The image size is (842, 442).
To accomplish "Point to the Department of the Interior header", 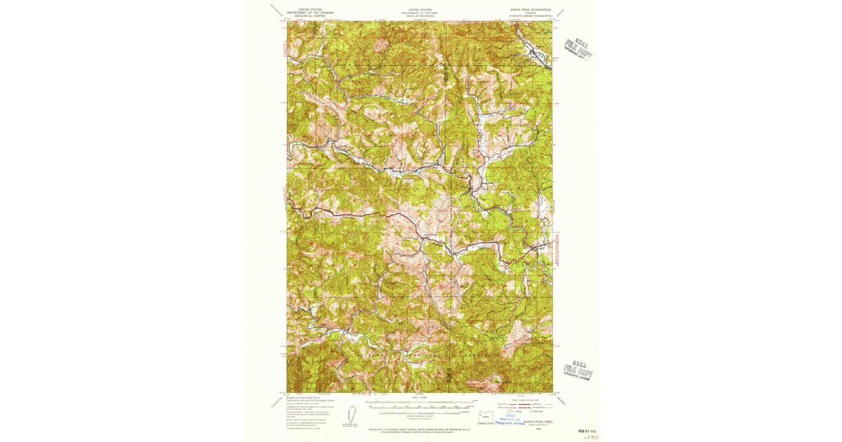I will pos(310,13).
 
